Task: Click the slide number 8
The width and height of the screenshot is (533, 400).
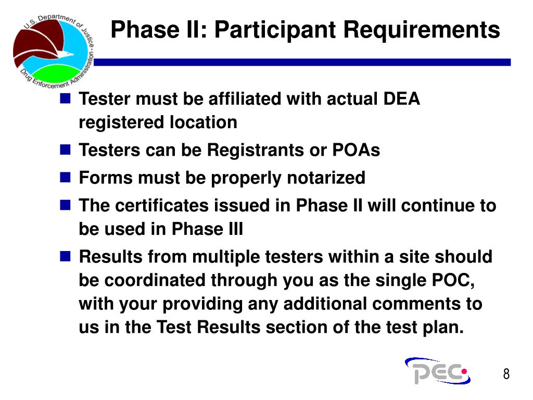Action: [506, 374]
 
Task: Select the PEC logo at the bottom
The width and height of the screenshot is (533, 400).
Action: [438, 371]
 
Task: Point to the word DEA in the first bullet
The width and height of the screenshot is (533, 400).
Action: [401, 98]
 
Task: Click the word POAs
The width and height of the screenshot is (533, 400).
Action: [356, 149]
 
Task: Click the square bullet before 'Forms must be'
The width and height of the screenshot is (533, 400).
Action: [65, 177]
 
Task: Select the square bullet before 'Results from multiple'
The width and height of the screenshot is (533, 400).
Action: [65, 256]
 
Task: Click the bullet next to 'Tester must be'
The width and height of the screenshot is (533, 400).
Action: [65, 98]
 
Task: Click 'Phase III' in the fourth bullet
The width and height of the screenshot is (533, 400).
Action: [207, 229]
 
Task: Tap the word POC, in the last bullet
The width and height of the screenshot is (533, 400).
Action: [453, 280]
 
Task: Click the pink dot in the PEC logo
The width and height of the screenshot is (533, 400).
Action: [464, 371]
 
